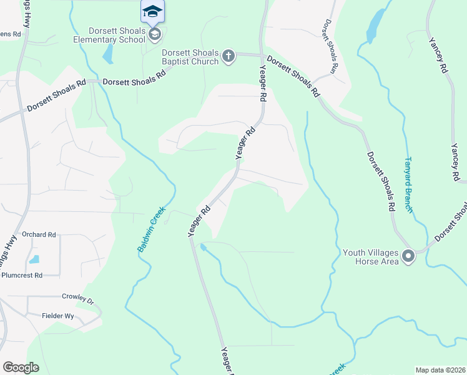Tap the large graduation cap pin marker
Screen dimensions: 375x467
tap(153, 12)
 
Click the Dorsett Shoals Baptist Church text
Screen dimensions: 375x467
tap(190, 57)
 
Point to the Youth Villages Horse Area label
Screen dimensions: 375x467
tap(371, 257)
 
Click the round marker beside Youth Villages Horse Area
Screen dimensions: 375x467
tap(408, 256)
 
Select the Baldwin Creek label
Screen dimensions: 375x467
tap(150, 229)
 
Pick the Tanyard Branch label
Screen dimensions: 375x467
tap(410, 185)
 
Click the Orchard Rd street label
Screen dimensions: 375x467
tap(39, 235)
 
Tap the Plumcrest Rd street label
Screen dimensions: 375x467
tap(21, 275)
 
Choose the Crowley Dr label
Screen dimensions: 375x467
tap(77, 298)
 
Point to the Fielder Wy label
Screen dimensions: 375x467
tap(58, 316)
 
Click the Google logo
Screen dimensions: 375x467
tap(21, 367)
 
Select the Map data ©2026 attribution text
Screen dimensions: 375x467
tap(440, 370)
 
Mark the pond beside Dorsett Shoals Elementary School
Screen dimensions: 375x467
tap(109, 54)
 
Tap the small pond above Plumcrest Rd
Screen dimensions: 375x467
tap(34, 259)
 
